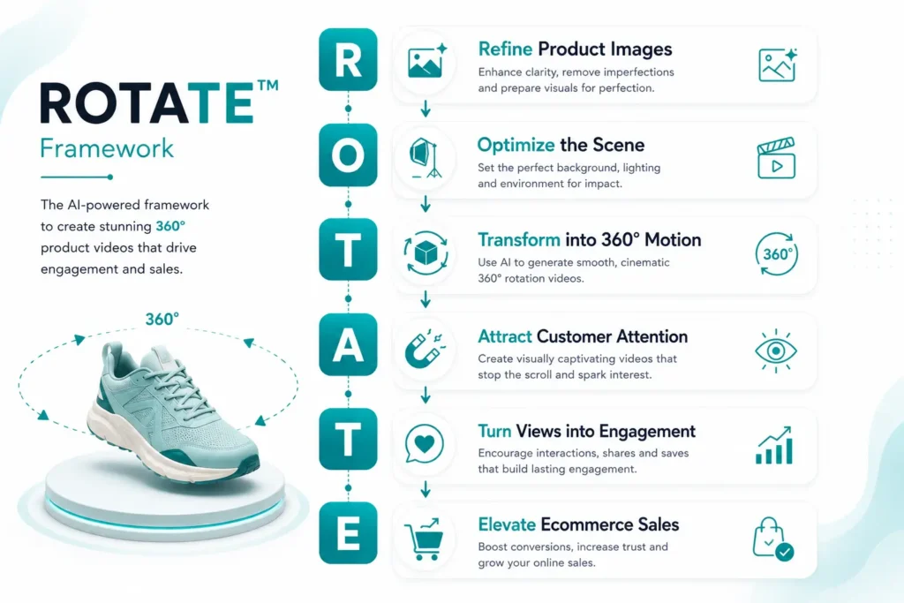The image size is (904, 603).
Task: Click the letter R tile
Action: (348, 60)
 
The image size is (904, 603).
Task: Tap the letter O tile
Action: (348, 155)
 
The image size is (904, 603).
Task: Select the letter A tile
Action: (348, 344)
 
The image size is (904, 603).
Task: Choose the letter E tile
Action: (348, 533)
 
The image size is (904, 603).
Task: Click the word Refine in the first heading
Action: (505, 49)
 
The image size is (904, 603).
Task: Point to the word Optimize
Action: (516, 146)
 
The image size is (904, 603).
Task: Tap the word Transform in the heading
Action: (519, 240)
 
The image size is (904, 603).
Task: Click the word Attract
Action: (504, 336)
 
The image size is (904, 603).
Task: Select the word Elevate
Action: (507, 524)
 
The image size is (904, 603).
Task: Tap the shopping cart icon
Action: (425, 539)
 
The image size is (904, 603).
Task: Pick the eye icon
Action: (776, 350)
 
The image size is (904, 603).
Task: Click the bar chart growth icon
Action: (774, 446)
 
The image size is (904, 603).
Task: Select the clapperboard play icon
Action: (776, 158)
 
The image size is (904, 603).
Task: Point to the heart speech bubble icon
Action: (425, 444)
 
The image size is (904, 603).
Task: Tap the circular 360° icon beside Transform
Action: (777, 253)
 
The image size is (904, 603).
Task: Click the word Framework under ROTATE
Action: (107, 148)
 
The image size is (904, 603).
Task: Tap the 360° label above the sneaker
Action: (162, 319)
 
